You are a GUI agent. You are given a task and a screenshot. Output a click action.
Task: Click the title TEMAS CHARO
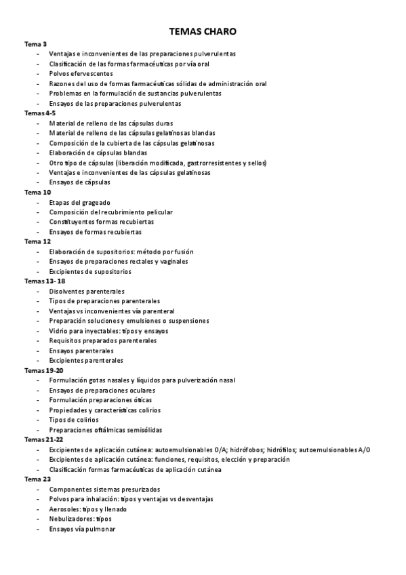[x=203, y=31]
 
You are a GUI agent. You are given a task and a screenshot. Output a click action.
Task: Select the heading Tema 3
[x=35, y=43]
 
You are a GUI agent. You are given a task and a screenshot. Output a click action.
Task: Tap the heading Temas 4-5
[x=40, y=113]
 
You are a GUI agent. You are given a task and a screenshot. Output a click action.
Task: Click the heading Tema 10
[x=37, y=192]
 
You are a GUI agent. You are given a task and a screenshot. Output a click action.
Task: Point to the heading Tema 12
[x=37, y=241]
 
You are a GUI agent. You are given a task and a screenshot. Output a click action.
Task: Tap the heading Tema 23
[x=37, y=479]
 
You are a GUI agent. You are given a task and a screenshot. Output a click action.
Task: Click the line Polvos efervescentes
[x=81, y=73]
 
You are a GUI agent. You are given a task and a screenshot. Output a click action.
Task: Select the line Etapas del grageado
[x=79, y=202]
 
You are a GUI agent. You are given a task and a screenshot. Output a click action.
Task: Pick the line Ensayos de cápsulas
[x=79, y=182]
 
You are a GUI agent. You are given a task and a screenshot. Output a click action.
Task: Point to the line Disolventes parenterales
[x=85, y=291]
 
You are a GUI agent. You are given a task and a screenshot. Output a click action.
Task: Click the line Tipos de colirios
[x=75, y=420]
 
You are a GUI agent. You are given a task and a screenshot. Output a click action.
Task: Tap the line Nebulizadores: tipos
[x=80, y=519]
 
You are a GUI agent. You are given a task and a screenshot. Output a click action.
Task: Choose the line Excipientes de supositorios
[x=90, y=271]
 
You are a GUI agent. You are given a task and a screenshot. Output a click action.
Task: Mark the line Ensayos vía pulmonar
[x=82, y=529]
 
